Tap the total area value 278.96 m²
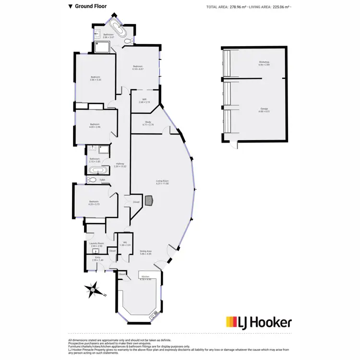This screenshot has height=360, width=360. pos(238,7)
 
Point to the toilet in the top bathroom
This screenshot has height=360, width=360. pos(128,42)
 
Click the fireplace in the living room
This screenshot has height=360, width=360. pos(150,200)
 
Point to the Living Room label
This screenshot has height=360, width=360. pos(162,180)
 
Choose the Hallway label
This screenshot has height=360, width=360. pos(120,164)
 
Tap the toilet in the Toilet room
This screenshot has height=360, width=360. pos(93,180)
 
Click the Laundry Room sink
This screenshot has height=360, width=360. pos(95,251)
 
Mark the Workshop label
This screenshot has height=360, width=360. pos(264,62)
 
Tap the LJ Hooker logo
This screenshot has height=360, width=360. pos(258,322)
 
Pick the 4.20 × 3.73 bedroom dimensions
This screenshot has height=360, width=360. pos(94,204)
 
